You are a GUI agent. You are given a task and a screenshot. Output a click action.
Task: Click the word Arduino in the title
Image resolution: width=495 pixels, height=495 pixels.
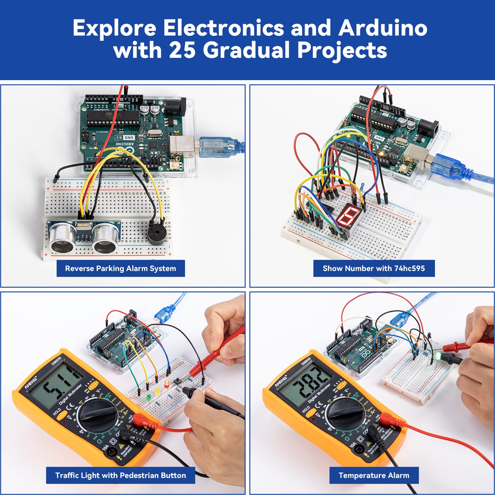(x=383, y=28)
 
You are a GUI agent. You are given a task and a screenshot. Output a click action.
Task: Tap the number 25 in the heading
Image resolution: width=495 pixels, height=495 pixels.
(x=182, y=50)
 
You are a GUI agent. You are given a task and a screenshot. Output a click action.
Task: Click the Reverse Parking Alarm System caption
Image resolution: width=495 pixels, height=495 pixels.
(x=121, y=268)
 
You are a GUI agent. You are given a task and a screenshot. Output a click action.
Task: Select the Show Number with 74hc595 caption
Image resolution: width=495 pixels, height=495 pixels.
(x=374, y=268)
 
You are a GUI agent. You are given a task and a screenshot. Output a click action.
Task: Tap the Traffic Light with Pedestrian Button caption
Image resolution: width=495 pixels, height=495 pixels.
(x=121, y=475)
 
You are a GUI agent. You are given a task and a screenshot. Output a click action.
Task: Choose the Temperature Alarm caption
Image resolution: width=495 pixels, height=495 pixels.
(x=374, y=475)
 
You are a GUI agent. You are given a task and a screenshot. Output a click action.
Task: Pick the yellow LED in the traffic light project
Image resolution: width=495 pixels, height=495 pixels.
(x=157, y=391)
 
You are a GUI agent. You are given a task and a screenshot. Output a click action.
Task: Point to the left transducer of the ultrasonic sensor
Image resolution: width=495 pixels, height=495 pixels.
(x=63, y=237)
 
